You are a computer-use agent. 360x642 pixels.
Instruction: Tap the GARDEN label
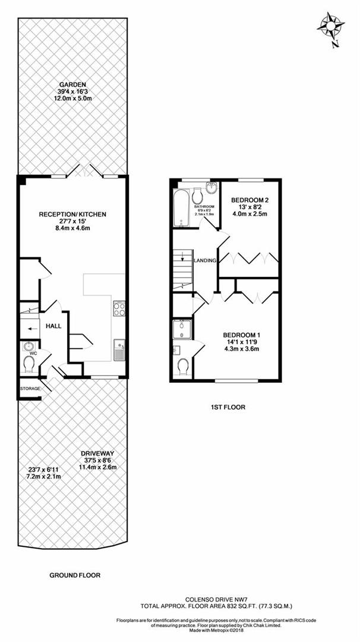pyautogui.click(x=72, y=84)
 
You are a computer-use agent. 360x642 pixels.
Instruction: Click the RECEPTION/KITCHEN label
pyautogui.click(x=72, y=214)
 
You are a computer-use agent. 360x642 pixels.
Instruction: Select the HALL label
pyautogui.click(x=55, y=326)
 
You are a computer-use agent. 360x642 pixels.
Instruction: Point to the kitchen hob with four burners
pyautogui.click(x=118, y=309)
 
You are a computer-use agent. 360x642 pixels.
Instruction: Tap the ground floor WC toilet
pyautogui.click(x=28, y=362)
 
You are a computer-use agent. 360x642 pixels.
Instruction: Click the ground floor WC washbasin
pyautogui.click(x=27, y=346)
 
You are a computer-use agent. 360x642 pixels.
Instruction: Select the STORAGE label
pyautogui.click(x=29, y=389)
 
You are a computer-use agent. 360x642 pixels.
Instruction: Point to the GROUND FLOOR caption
pyautogui.click(x=75, y=575)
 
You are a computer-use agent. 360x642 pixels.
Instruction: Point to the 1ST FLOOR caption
pyautogui.click(x=228, y=407)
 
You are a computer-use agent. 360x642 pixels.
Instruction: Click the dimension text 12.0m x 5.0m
pyautogui.click(x=72, y=99)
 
